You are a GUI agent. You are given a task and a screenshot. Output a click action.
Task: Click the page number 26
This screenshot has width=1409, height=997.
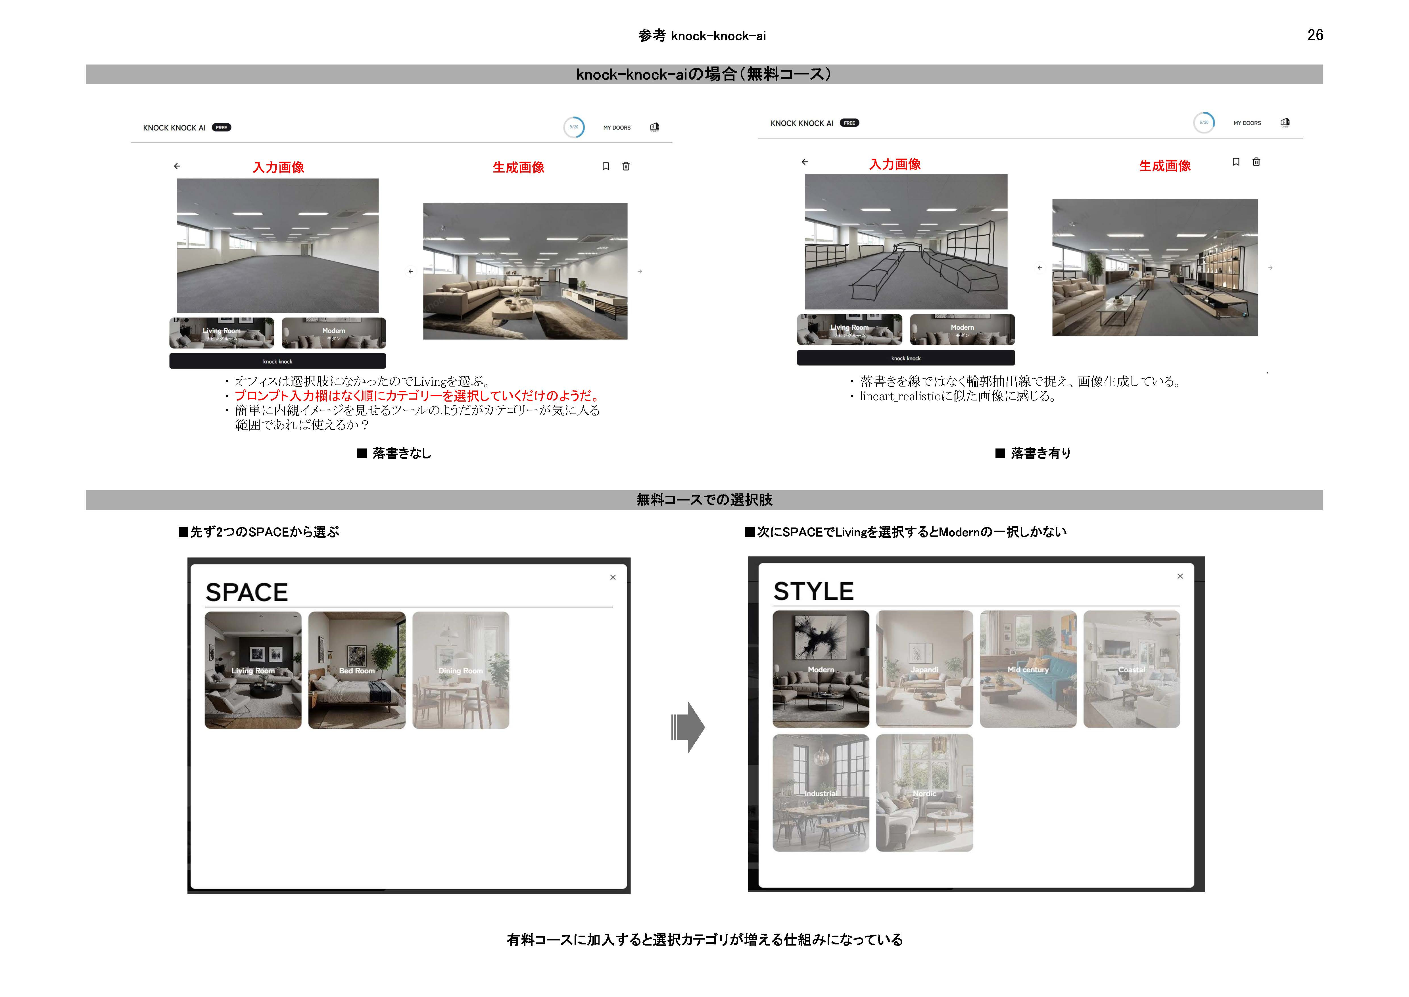(x=1314, y=35)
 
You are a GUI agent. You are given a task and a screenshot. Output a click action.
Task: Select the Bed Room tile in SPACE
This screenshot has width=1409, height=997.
(x=356, y=670)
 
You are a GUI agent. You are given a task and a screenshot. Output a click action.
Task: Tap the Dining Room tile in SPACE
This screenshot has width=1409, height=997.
(x=460, y=670)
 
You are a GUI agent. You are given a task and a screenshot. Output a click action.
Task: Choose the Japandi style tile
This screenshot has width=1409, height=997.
(x=924, y=668)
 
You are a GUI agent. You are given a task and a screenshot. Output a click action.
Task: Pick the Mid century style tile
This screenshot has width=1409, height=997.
(x=1028, y=668)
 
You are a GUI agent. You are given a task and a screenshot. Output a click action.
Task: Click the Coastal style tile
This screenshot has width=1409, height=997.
(x=1132, y=668)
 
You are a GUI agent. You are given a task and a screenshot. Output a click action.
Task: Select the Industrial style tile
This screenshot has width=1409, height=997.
(x=821, y=793)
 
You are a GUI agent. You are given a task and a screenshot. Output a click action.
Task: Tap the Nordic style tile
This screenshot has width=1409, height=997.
(x=924, y=793)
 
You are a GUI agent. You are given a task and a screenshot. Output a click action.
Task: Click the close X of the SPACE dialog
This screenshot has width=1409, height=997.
(x=612, y=577)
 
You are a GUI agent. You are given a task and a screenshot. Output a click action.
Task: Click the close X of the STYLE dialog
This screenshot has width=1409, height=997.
(x=1180, y=576)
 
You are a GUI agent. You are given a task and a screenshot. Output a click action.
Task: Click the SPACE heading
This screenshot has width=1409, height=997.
(x=247, y=592)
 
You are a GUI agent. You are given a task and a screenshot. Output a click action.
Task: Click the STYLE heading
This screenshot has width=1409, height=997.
(x=813, y=591)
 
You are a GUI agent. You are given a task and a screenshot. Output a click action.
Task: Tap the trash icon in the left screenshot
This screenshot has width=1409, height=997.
(x=626, y=166)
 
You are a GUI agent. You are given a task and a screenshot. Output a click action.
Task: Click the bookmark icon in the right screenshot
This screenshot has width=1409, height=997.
(x=1236, y=162)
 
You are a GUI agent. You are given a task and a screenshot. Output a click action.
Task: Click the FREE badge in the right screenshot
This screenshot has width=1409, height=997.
(x=849, y=123)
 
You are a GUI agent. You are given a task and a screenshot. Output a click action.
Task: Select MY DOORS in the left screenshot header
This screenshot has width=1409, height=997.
(x=617, y=128)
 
